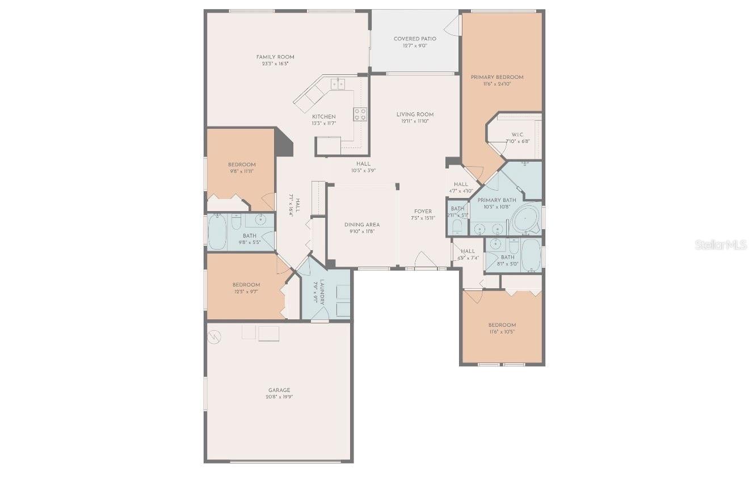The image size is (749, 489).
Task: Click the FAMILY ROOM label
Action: pyautogui.click(x=275, y=57)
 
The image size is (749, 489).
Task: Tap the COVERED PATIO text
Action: pyautogui.click(x=415, y=39)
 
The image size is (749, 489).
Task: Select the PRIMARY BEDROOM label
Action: pyautogui.click(x=497, y=77)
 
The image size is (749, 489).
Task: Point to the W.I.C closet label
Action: pyautogui.click(x=517, y=134)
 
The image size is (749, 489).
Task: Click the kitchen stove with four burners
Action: pyautogui.click(x=360, y=114)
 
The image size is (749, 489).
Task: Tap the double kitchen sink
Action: pyautogui.click(x=338, y=84)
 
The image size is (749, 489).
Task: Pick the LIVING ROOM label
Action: pyautogui.click(x=415, y=115)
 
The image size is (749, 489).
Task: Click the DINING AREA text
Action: pyautogui.click(x=362, y=225)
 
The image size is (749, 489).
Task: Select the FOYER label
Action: pyautogui.click(x=423, y=211)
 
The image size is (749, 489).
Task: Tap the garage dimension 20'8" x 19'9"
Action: pyautogui.click(x=279, y=397)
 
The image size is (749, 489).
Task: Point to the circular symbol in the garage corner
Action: pyautogui.click(x=215, y=336)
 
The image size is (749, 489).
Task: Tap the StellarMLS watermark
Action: pyautogui.click(x=721, y=245)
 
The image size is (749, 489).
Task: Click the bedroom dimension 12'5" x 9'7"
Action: pyautogui.click(x=246, y=292)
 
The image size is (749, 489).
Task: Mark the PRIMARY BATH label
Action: pyautogui.click(x=497, y=200)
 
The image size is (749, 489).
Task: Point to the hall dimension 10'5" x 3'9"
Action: pyautogui.click(x=364, y=171)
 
